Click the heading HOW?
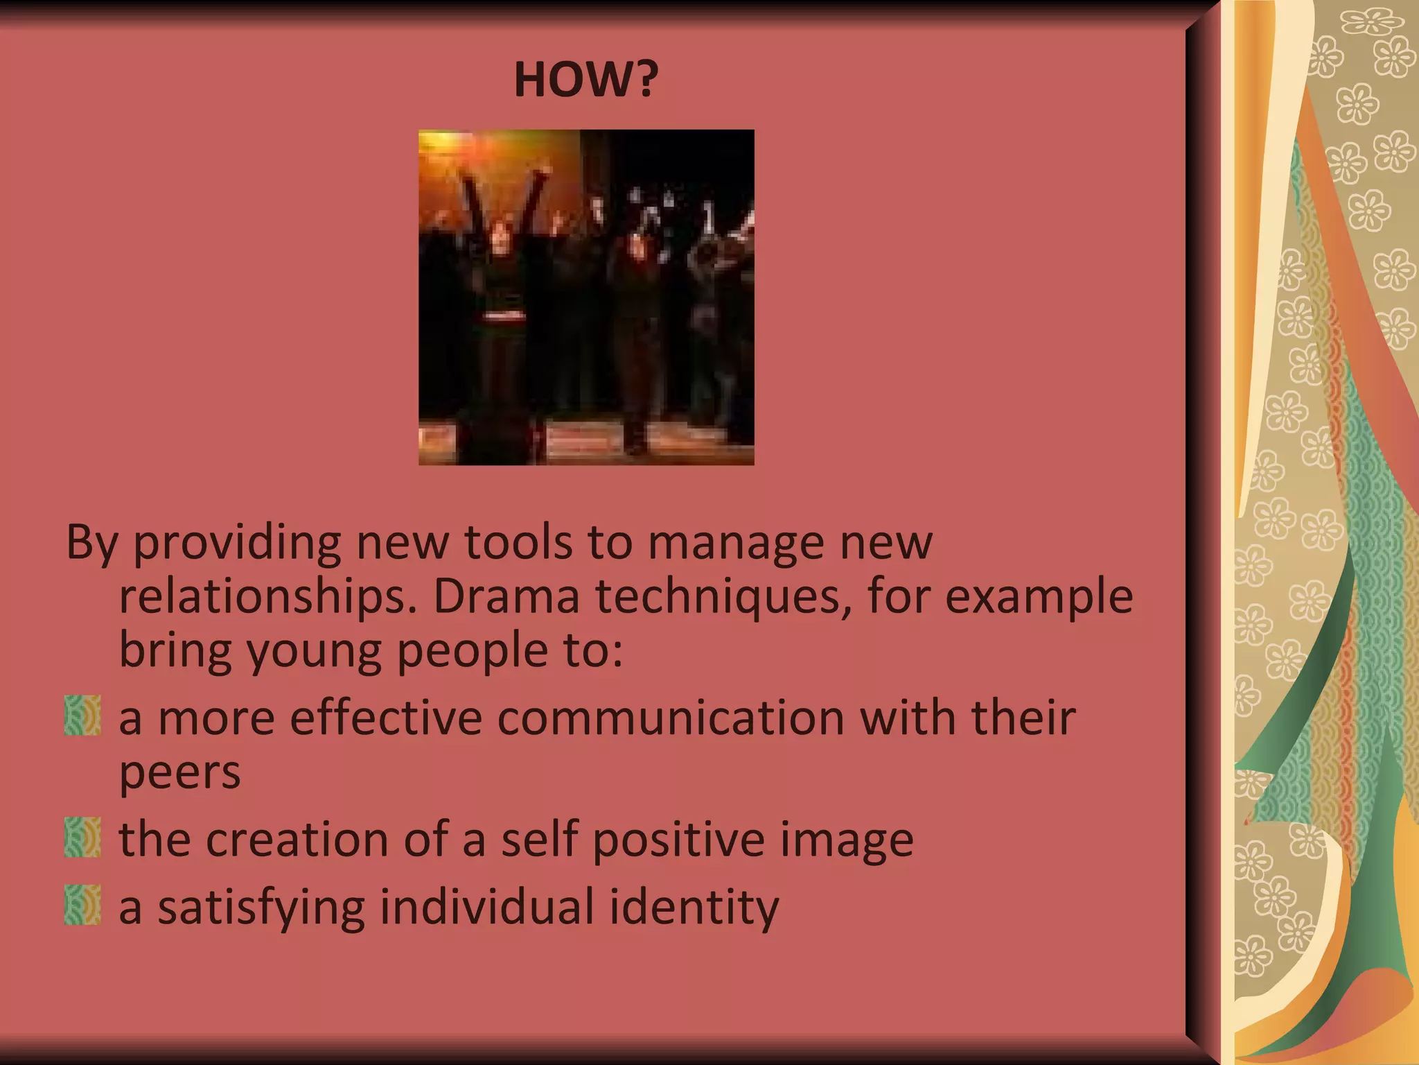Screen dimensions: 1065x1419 point(585,80)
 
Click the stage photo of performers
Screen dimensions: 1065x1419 point(586,297)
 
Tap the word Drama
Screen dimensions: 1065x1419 point(506,596)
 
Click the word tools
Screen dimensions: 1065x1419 point(518,542)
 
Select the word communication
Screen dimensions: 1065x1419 point(671,718)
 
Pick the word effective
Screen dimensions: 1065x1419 point(386,718)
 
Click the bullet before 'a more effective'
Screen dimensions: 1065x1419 point(82,716)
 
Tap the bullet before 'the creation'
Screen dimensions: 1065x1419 point(82,838)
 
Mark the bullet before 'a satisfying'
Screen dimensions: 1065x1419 point(82,905)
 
